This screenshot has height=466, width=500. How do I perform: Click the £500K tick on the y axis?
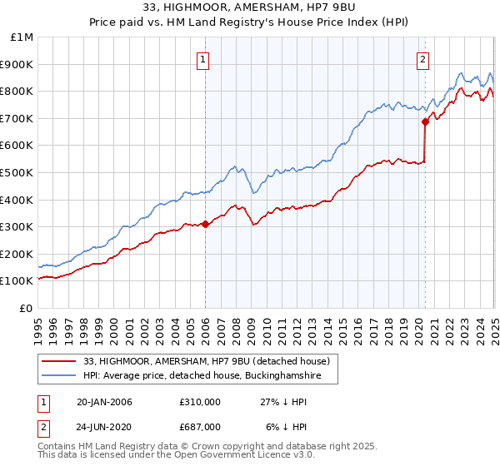17,172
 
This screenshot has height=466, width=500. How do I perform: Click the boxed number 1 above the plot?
204,58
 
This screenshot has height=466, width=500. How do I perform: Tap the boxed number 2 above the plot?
423,58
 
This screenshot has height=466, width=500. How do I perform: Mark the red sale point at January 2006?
205,224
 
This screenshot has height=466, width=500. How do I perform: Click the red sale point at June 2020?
425,121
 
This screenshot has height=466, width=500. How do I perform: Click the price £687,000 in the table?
199,427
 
